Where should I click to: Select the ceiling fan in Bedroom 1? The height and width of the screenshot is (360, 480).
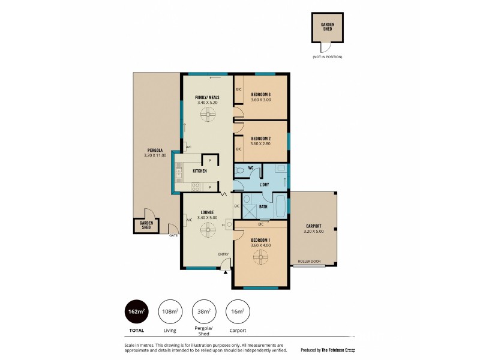click(260, 257)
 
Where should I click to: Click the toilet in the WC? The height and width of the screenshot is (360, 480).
click(241, 170)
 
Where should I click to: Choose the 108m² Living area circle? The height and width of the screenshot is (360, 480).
click(170, 311)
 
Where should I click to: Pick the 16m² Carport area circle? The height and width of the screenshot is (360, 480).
click(236, 311)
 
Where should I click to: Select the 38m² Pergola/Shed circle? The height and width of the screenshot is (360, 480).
click(203, 311)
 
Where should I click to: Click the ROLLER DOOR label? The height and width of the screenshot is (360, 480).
click(309, 262)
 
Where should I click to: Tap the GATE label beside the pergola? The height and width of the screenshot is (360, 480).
click(173, 235)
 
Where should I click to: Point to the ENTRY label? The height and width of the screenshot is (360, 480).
click(223, 254)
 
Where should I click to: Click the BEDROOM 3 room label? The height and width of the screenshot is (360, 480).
click(261, 94)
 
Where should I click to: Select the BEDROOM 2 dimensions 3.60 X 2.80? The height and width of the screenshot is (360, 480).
click(261, 143)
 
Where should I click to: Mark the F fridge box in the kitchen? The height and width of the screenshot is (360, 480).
click(210, 160)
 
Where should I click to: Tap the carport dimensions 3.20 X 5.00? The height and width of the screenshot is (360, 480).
click(313, 232)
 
